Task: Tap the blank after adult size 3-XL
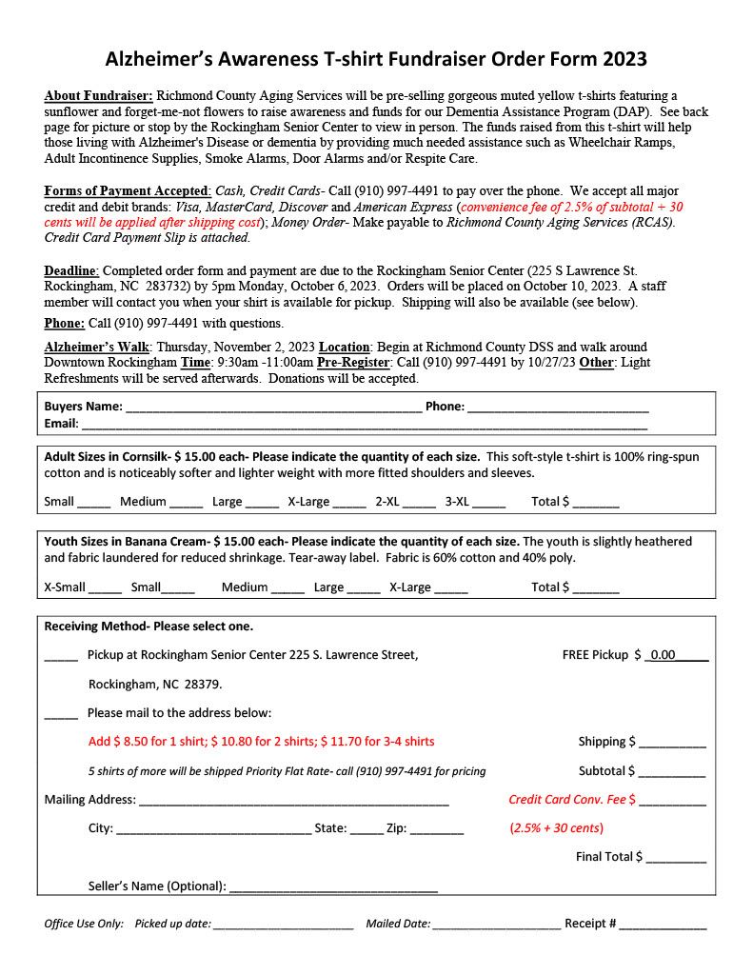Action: [x=488, y=504]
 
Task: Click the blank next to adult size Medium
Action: [x=187, y=504]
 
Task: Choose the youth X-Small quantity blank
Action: [x=106, y=589]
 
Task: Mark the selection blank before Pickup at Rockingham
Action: [x=61, y=657]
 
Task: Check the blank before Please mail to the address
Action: [x=61, y=715]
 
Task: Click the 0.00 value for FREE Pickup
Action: [x=663, y=655]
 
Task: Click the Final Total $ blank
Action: [x=676, y=859]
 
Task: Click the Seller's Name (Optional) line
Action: [x=333, y=888]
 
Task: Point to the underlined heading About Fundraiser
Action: [x=98, y=96]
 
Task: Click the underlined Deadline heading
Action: [x=72, y=271]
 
